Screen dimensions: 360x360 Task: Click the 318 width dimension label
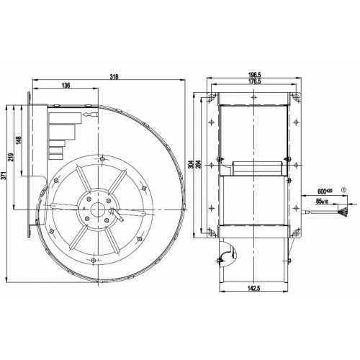[114, 77]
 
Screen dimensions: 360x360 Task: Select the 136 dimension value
[66, 85]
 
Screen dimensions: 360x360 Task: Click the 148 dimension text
[19, 140]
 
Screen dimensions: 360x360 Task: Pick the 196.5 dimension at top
[254, 75]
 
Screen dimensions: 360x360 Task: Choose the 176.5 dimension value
[254, 81]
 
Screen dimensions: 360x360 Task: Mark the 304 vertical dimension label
[191, 164]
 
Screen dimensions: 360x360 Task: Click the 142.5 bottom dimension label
[254, 288]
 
